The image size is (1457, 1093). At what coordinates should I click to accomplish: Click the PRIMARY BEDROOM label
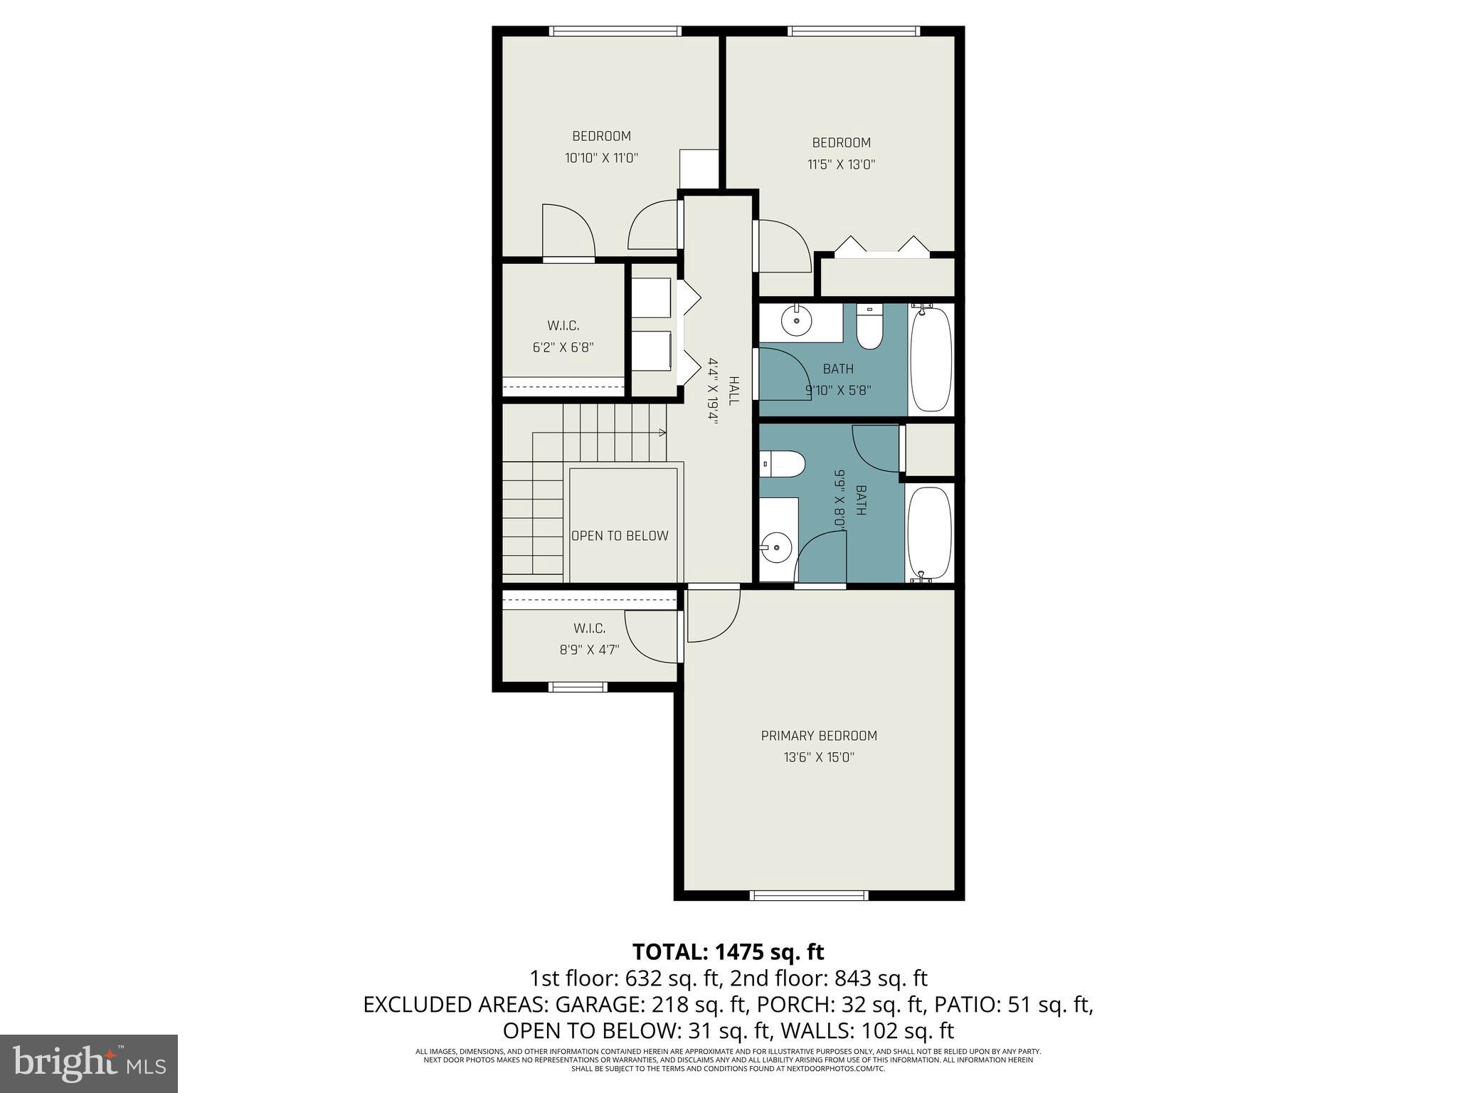point(819,736)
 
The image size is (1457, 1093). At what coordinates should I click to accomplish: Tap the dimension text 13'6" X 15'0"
point(819,758)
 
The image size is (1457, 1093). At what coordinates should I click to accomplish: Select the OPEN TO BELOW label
point(620,536)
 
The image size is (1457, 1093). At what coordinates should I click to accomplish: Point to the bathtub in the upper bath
point(931,359)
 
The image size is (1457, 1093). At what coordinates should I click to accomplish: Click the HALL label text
point(734,391)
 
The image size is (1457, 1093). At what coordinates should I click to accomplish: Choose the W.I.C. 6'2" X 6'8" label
point(563,337)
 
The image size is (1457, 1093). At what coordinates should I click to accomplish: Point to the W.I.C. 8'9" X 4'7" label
point(589,639)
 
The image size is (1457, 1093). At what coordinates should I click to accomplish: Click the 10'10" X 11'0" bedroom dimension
point(601,158)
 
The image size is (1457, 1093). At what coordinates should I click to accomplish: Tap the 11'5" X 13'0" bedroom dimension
point(841,164)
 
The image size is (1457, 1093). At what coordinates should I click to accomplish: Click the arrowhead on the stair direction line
point(662,433)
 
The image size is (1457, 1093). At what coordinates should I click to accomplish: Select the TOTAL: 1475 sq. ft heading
point(728,951)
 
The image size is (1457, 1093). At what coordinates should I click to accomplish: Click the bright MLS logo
point(88,1063)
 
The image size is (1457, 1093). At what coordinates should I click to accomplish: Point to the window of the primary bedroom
point(810,895)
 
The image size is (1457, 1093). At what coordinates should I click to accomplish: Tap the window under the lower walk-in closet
point(578,687)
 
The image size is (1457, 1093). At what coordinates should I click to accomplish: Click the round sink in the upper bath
point(796,322)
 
